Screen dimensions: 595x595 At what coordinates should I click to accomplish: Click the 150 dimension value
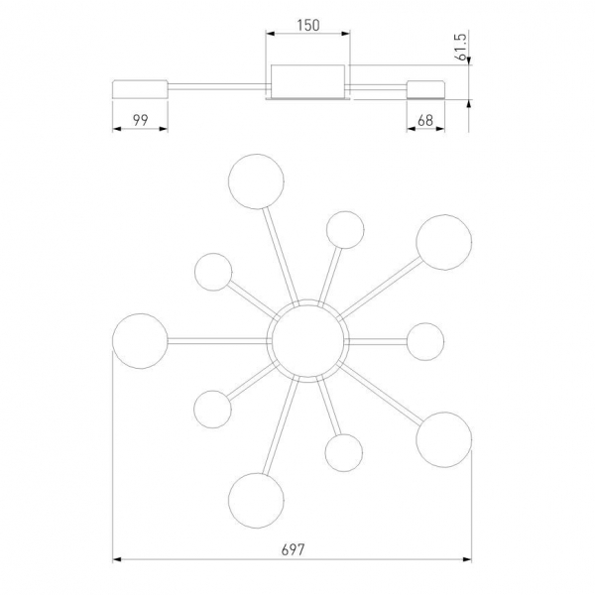coord(308,26)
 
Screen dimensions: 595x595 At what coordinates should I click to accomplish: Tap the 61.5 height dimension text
coord(461,47)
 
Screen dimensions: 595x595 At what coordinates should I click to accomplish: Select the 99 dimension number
coord(140,120)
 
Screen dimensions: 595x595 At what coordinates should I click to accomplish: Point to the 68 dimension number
coord(425,121)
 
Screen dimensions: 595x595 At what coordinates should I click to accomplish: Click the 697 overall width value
coord(293,549)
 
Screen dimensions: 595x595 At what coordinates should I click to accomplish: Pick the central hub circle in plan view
coord(307,341)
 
